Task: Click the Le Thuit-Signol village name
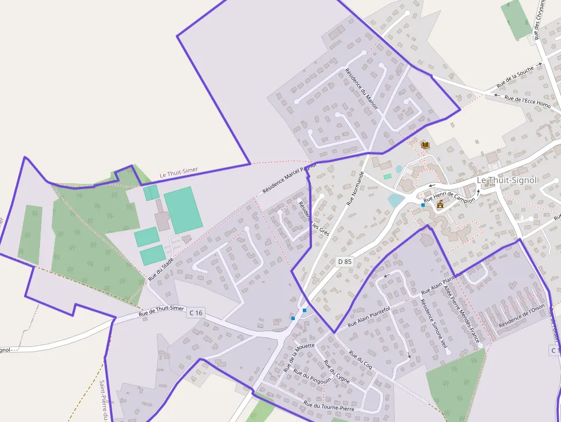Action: (507, 180)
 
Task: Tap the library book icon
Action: (425, 145)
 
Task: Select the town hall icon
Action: (440, 204)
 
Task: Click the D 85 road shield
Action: (345, 262)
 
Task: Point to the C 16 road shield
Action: (195, 312)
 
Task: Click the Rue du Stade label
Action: (161, 269)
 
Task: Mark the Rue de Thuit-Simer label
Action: (161, 312)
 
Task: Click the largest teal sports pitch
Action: (183, 210)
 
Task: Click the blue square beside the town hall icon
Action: (423, 204)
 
